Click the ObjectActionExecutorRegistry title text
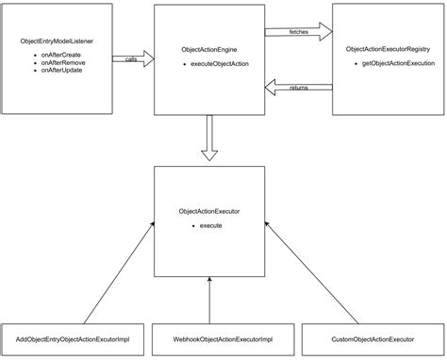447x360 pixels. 388,48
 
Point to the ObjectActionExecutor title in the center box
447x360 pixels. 208,212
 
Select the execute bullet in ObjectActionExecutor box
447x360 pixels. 210,227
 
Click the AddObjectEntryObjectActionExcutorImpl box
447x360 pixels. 73,337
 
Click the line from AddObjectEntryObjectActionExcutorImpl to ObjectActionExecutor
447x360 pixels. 118,273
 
